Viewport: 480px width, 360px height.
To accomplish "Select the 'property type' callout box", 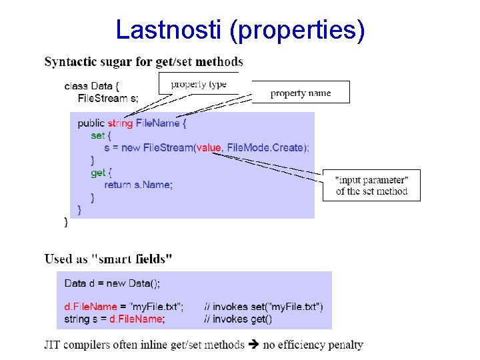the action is (199, 84).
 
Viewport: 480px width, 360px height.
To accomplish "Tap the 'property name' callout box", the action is (301, 93).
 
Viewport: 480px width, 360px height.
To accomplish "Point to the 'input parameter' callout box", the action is (371, 185).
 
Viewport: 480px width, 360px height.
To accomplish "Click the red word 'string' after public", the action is (120, 123).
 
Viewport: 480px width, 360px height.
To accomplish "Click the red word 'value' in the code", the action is (209, 147).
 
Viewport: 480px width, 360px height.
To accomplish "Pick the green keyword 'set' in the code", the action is (97, 135).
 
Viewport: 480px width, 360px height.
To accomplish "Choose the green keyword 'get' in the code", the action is (98, 173).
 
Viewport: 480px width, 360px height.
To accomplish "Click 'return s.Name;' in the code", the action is (138, 185).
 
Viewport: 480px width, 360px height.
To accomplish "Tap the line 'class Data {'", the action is (92, 86).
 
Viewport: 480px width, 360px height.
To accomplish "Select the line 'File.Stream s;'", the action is (109, 98).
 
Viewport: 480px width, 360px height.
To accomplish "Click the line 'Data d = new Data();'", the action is (112, 283).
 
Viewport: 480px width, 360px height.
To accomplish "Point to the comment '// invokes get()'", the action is (238, 319).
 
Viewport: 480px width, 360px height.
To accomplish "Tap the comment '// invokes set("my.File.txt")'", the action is (263, 307).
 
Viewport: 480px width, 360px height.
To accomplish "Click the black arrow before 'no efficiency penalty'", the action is (253, 345).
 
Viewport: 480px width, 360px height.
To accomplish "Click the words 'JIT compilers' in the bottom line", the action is (77, 345).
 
